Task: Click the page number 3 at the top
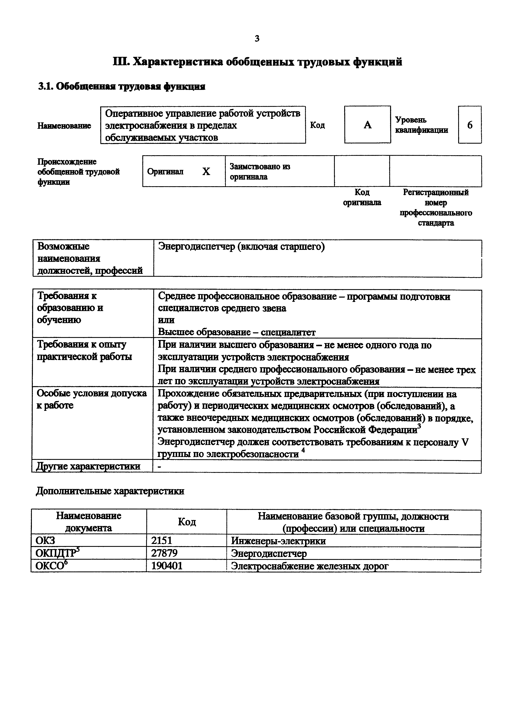[257, 39]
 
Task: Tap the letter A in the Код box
[367, 125]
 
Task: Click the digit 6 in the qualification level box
[470, 125]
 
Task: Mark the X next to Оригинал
[206, 172]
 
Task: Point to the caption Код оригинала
[362, 197]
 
